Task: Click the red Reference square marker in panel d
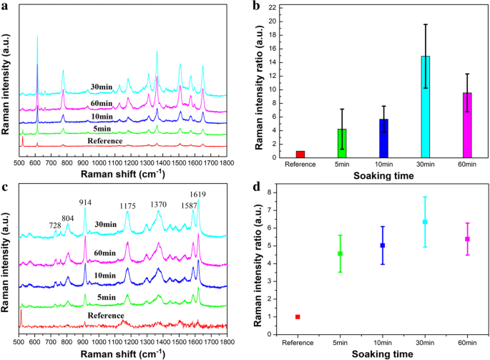[298, 316]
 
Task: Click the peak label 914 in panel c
[85, 203]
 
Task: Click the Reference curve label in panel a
[105, 141]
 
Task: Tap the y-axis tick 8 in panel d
[270, 193]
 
